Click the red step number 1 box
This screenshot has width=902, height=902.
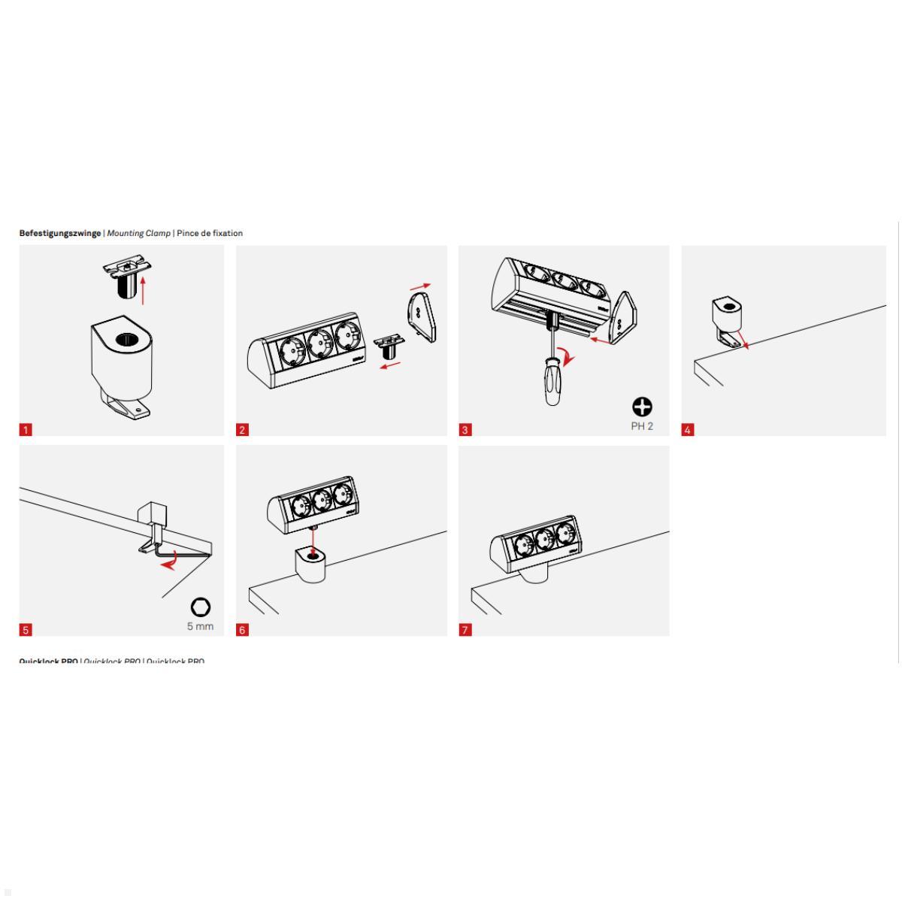point(26,430)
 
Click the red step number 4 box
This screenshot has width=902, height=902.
point(688,430)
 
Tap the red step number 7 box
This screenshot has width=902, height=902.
point(465,630)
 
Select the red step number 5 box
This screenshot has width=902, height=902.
point(26,630)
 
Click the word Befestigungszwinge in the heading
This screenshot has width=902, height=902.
point(59,233)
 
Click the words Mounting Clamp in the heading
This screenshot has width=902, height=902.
point(138,233)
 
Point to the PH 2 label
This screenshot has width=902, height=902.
point(641,426)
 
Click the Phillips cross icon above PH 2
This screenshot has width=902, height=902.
point(642,407)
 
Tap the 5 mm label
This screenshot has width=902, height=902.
point(200,626)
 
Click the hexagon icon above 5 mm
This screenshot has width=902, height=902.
point(201,607)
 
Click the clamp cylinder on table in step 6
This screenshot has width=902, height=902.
point(310,565)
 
